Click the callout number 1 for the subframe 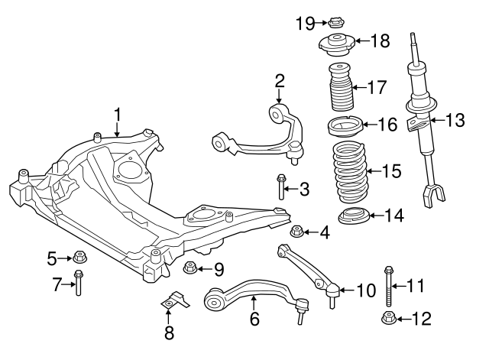coord(118,115)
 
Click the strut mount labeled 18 coord(335,45)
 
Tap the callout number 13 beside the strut coord(454,119)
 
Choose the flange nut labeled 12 coord(389,319)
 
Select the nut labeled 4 coord(298,231)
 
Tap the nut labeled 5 coord(79,258)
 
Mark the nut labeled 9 coord(190,268)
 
